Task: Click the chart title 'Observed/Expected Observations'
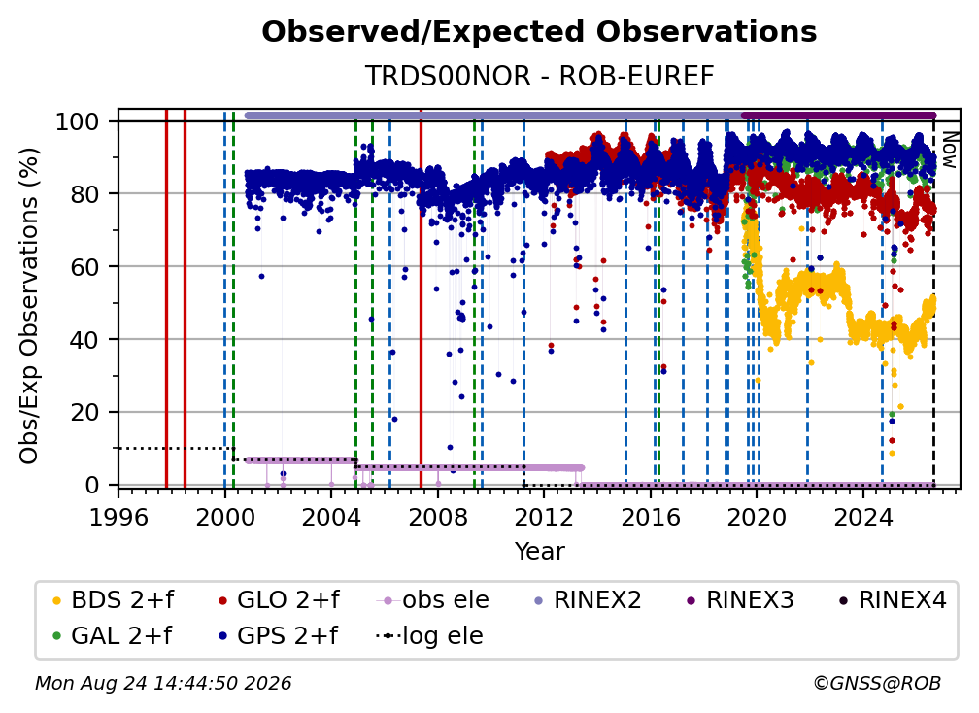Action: (539, 32)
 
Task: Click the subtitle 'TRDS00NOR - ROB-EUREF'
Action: (539, 76)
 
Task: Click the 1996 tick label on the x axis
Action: (118, 517)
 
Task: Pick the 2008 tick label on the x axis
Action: (438, 517)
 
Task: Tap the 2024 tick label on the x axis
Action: (862, 517)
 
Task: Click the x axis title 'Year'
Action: (539, 551)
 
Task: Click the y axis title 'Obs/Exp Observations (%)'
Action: (29, 305)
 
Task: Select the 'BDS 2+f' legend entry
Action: (113, 600)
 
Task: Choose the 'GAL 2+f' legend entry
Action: (112, 635)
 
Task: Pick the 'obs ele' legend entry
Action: (433, 600)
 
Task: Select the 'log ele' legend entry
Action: (429, 635)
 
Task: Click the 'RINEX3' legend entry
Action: (740, 600)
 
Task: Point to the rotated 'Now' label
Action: (949, 150)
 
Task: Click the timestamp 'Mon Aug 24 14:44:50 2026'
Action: (163, 683)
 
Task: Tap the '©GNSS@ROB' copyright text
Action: (877, 683)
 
